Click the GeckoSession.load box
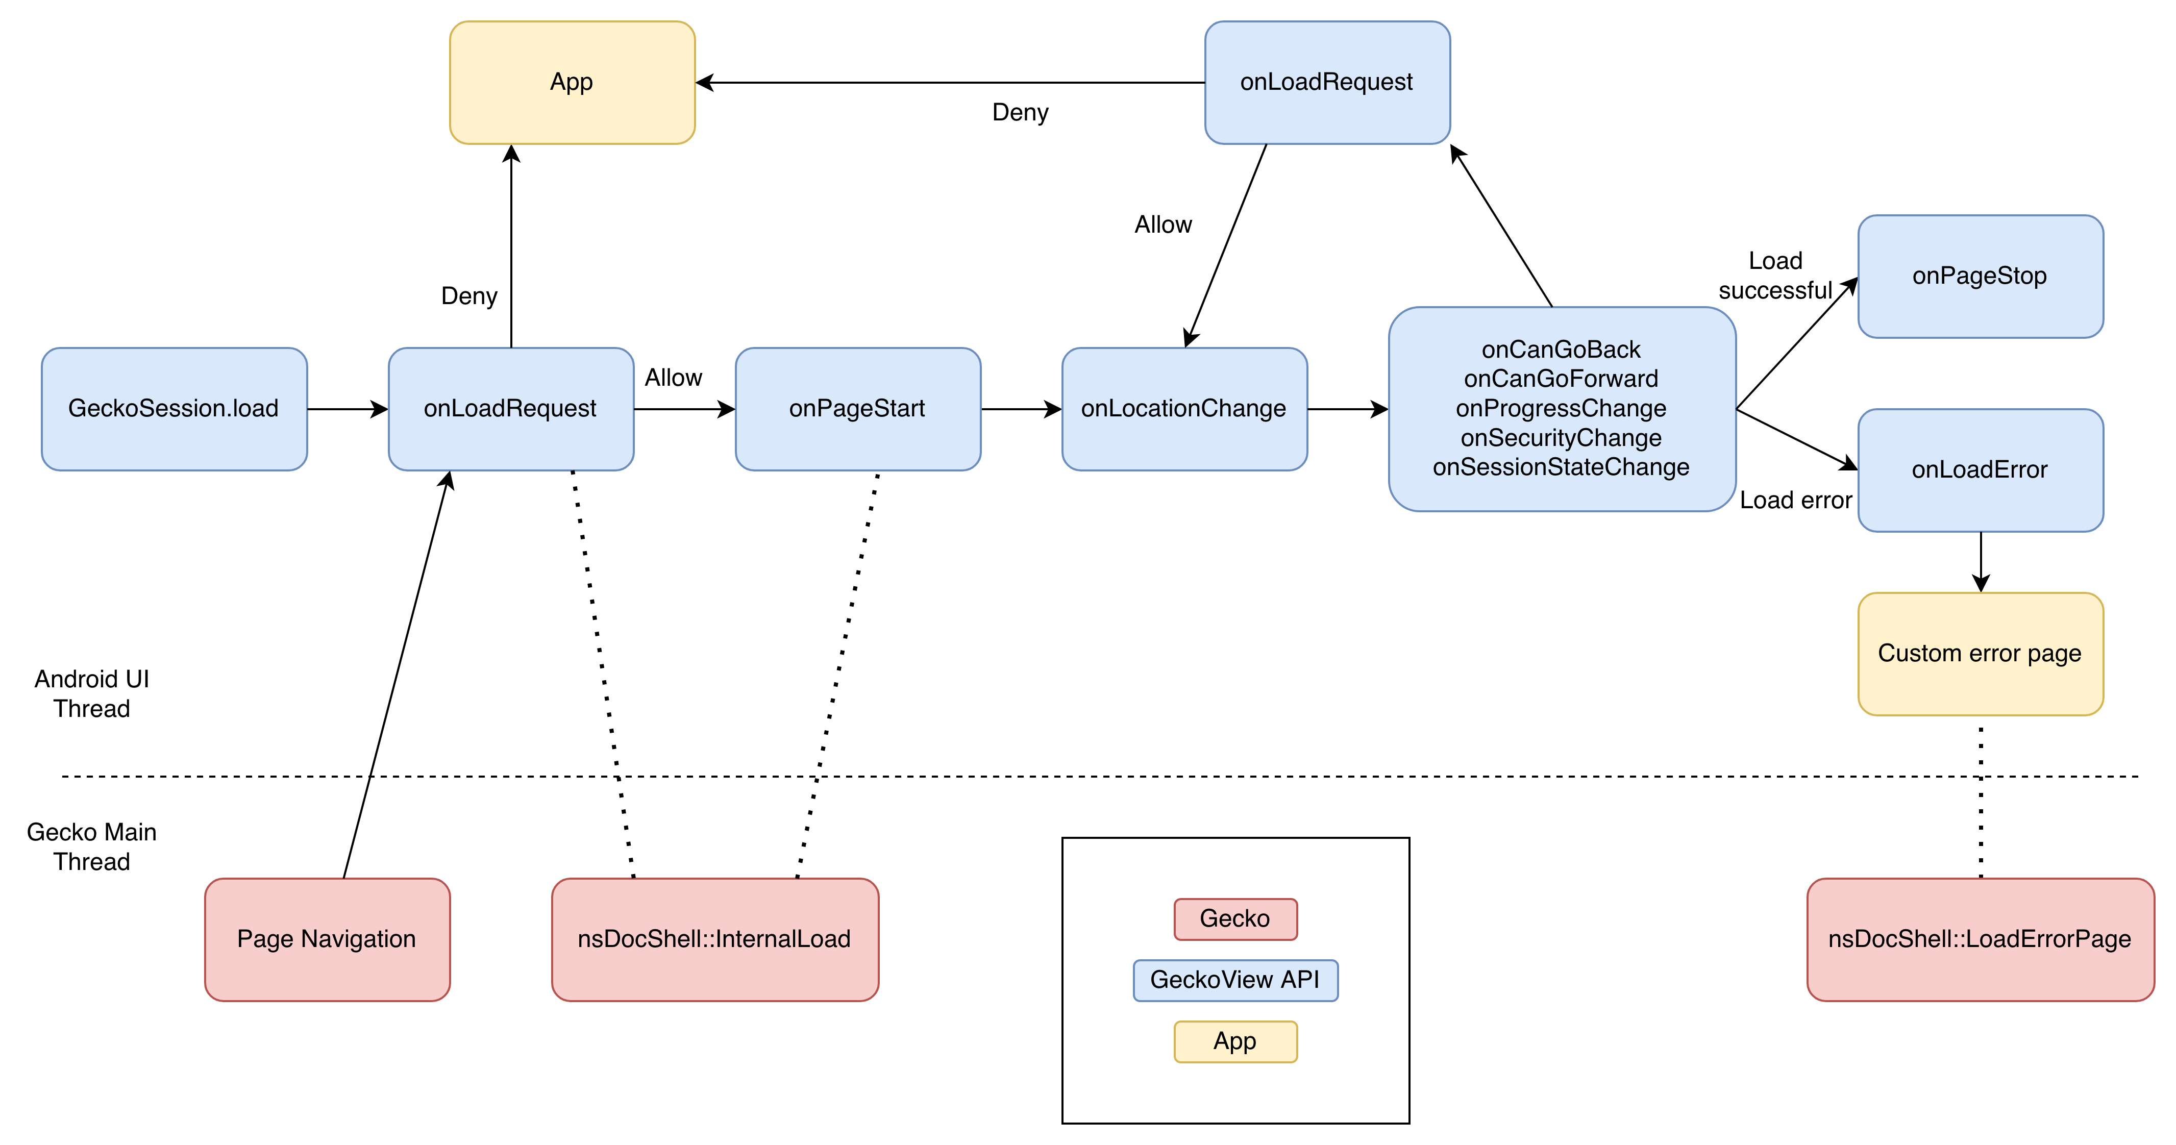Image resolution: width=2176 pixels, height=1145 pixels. pyautogui.click(x=174, y=409)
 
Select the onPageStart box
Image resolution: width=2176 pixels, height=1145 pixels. pyautogui.click(x=857, y=409)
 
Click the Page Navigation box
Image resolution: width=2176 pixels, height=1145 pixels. pyautogui.click(x=327, y=939)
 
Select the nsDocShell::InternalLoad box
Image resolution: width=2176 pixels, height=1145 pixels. pyautogui.click(x=714, y=939)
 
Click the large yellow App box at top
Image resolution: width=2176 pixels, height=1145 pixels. pyautogui.click(x=572, y=82)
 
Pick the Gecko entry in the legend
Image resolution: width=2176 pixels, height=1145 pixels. pyautogui.click(x=1235, y=918)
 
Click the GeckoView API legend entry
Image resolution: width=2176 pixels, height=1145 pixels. pyautogui.click(x=1235, y=980)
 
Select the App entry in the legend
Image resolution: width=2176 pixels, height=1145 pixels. pyautogui.click(x=1235, y=1041)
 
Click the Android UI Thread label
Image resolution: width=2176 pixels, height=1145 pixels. pyautogui.click(x=92, y=693)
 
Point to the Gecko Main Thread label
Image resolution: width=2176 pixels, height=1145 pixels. pyautogui.click(x=92, y=846)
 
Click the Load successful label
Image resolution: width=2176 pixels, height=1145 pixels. pyautogui.click(x=1775, y=275)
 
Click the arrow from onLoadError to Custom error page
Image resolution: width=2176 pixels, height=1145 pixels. pyautogui.click(x=1981, y=561)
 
